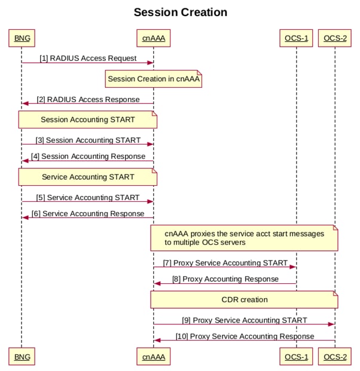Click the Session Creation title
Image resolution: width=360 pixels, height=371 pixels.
click(180, 12)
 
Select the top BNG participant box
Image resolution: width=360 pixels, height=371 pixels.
click(21, 39)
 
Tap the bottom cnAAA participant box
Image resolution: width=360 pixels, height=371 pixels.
click(154, 357)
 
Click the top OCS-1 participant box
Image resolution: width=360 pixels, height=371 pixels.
click(296, 39)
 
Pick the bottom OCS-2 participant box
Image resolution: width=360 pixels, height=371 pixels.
click(335, 357)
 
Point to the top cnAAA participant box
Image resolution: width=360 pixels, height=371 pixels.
click(154, 39)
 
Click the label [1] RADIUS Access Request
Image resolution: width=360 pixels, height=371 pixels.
click(88, 59)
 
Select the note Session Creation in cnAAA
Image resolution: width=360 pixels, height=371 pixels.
click(154, 79)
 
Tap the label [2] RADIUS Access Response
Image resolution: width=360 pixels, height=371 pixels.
click(88, 99)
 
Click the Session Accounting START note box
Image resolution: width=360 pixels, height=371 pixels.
click(88, 119)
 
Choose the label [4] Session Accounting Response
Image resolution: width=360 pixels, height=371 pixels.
click(88, 157)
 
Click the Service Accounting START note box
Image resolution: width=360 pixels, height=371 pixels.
click(88, 177)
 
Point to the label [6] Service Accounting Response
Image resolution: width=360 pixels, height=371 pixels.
click(88, 213)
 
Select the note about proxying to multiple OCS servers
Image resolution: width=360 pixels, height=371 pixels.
click(244, 238)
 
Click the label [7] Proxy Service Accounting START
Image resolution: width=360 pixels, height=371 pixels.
click(225, 263)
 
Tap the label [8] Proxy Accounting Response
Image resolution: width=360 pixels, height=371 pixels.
click(225, 279)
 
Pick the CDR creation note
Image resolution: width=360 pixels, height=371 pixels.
click(244, 299)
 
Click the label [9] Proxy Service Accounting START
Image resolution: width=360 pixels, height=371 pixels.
click(245, 320)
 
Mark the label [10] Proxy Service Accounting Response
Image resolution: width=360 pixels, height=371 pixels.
click(245, 336)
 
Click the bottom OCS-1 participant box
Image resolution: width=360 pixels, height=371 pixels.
click(296, 357)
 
